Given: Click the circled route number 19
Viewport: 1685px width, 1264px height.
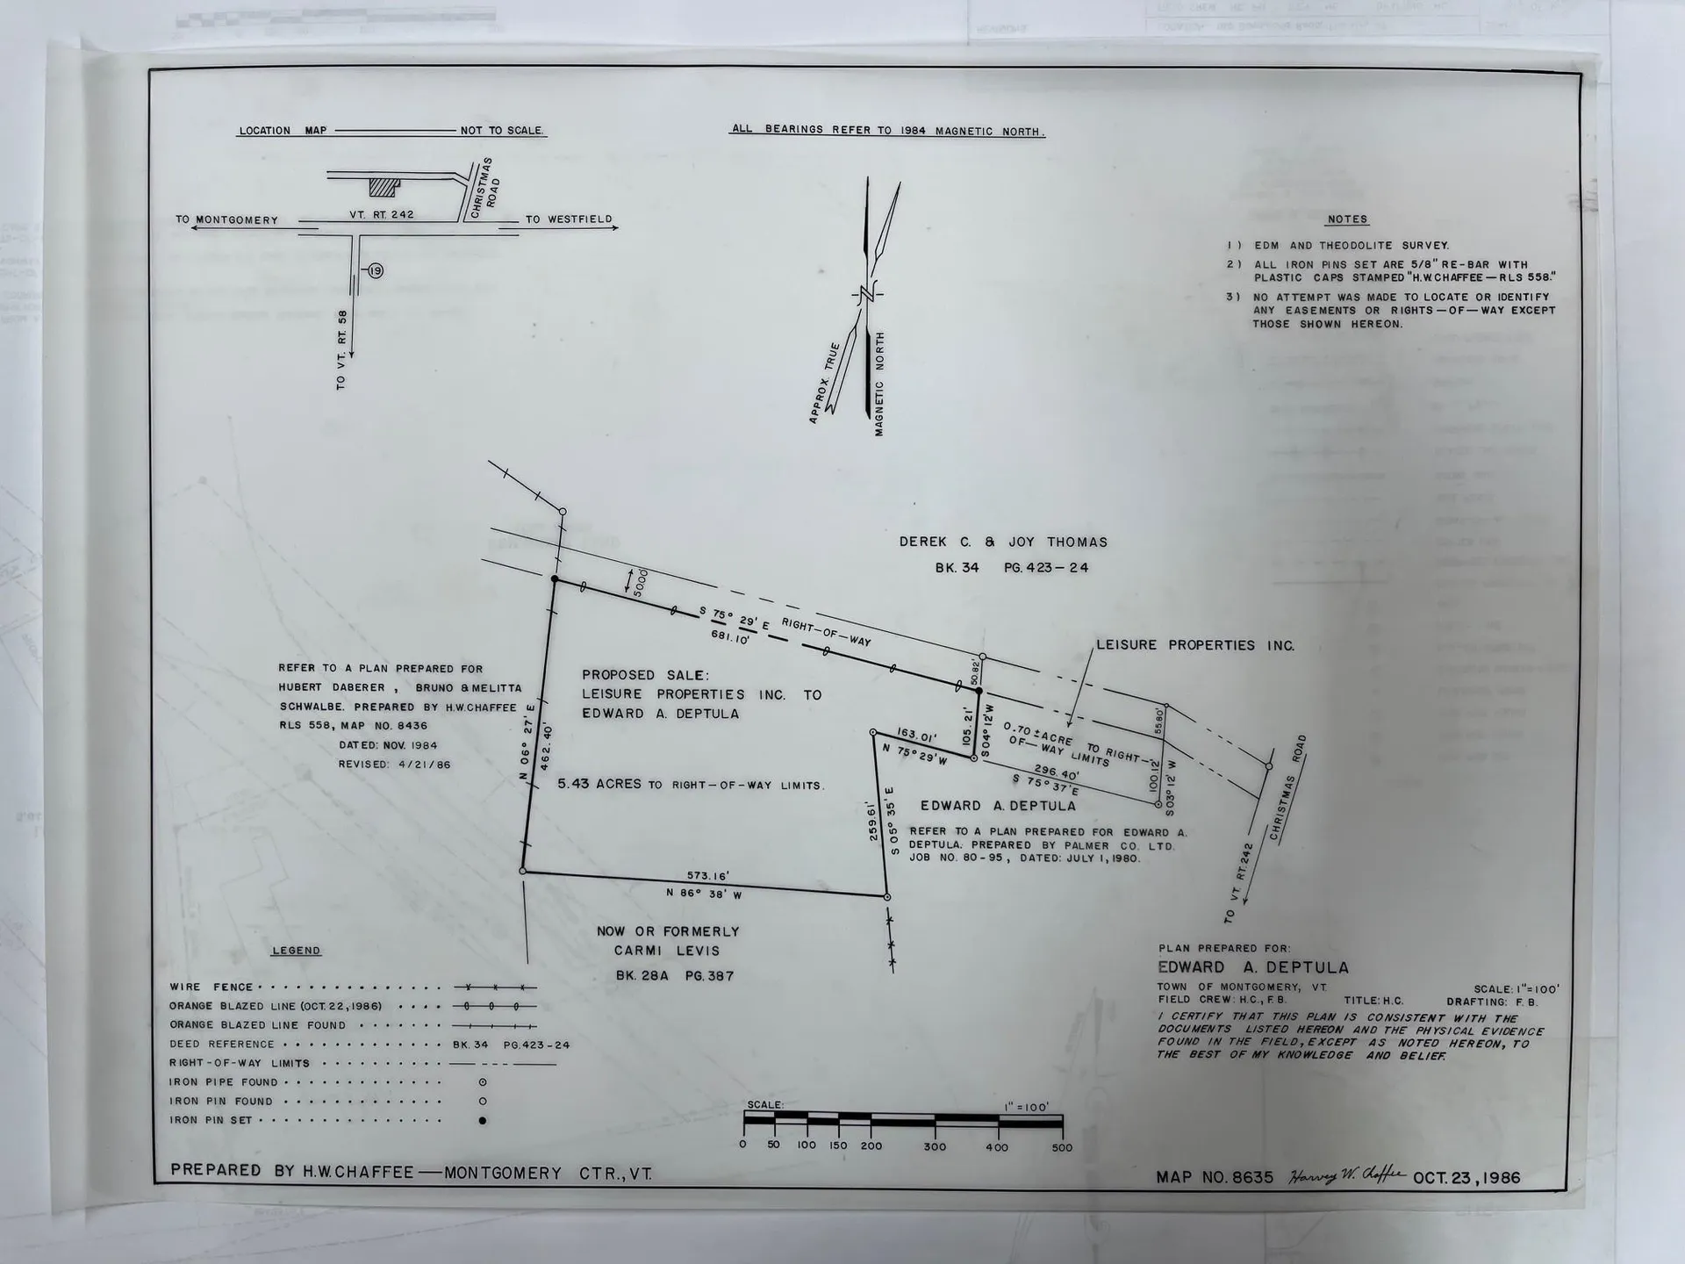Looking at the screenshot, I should pos(376,271).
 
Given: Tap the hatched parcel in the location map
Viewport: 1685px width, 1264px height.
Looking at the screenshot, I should pos(384,187).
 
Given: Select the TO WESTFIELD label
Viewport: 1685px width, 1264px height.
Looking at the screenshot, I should pos(569,219).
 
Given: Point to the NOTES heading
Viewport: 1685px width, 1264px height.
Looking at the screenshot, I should pos(1347,219).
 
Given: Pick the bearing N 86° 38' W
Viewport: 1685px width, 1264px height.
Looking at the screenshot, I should pos(704,894).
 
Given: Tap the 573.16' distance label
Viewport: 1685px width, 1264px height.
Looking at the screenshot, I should pos(708,876).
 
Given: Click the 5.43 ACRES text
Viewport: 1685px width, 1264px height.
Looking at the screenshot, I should pos(599,784).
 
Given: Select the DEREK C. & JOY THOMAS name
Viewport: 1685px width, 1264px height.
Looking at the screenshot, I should pos(1003,542).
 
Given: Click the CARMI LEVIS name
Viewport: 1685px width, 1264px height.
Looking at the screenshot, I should pos(667,951).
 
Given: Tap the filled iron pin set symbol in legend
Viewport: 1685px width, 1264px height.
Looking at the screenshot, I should pos(483,1120).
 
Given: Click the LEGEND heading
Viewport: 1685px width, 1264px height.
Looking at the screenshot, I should pos(296,951).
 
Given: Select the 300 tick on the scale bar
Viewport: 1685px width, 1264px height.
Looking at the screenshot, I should pos(935,1146).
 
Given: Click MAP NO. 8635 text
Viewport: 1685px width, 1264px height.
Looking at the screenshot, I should pos(1215,1178).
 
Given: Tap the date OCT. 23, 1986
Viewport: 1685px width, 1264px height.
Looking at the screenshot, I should pos(1466,1178).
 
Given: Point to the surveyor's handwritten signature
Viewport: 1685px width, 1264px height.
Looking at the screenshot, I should pos(1346,1176).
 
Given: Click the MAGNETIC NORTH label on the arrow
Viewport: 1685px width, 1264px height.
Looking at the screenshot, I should pos(878,384).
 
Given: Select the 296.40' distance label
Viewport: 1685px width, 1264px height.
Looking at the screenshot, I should pos(1056,772).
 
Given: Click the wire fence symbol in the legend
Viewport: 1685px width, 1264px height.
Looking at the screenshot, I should pos(494,987).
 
